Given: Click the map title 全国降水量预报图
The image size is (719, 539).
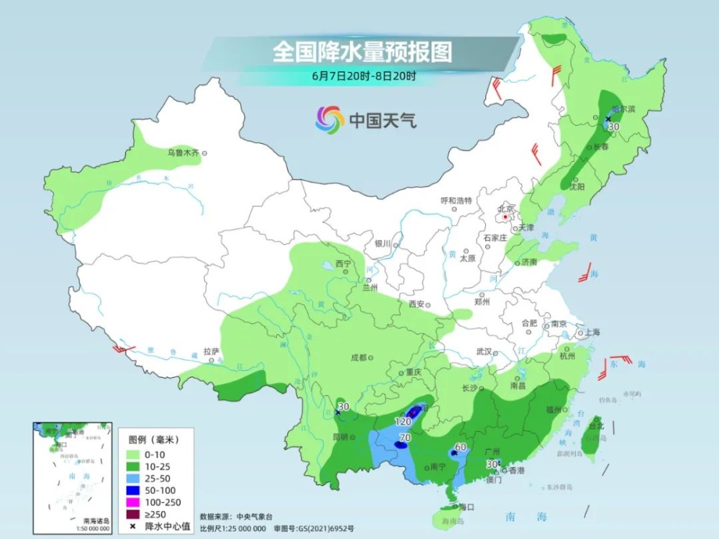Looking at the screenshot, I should pos(362,52).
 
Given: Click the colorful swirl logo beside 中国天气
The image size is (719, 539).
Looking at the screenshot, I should pos(329,120).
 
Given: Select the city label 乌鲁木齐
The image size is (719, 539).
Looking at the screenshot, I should pos(183,152).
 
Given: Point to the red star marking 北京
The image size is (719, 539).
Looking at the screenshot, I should pos(507,216).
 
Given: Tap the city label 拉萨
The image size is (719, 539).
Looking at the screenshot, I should pos(211,351).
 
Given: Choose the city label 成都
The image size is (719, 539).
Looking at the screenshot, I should pos(358,357).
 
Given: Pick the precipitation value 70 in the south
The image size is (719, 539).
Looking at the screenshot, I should pos(405,437).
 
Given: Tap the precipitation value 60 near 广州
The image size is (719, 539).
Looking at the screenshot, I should pos(461,447).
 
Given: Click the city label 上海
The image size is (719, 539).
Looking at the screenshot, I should pos(593,332).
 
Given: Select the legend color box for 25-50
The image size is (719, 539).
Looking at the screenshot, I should pos(136,477).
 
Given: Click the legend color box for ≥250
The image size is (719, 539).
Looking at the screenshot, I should pos(136,514).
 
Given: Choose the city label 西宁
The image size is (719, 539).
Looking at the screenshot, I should pos(343,264).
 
